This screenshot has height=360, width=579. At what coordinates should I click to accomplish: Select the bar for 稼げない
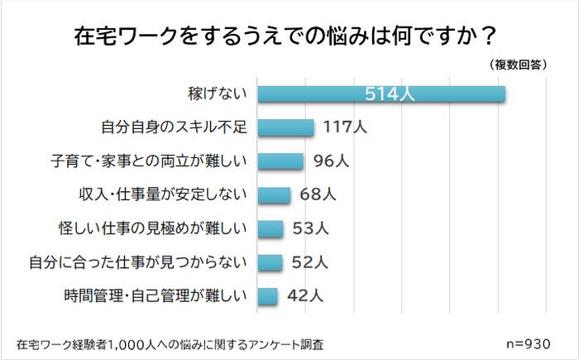[x=381, y=94]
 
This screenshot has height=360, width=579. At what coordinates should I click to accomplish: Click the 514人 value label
[x=390, y=94]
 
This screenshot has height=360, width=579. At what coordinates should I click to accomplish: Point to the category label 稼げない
[x=218, y=94]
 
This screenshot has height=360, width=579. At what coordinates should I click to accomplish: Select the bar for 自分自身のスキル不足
[x=286, y=127]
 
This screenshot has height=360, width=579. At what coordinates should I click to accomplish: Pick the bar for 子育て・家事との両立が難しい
[x=281, y=161]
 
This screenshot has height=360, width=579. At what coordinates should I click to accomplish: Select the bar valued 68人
[x=275, y=195]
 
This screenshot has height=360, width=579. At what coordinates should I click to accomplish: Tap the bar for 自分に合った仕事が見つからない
[x=270, y=262]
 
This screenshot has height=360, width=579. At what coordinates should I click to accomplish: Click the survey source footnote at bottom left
[x=170, y=343]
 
